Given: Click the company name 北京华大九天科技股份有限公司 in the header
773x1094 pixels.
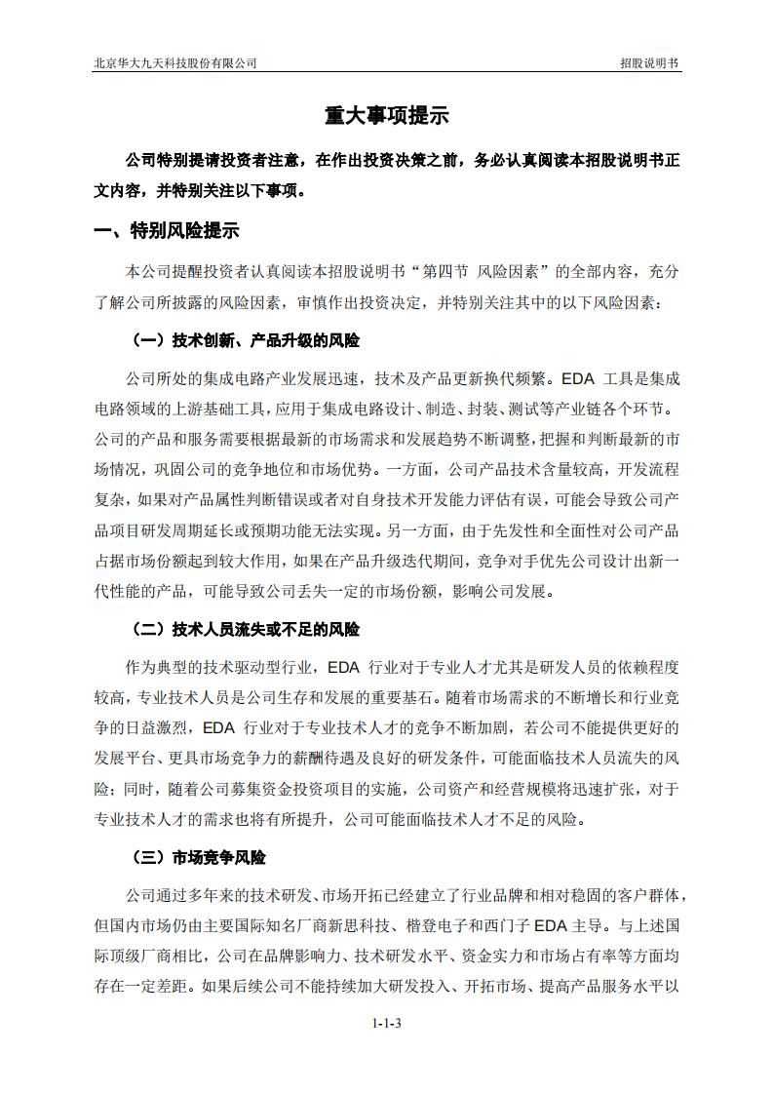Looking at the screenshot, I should [174, 62].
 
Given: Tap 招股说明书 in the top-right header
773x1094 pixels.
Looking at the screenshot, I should [649, 62].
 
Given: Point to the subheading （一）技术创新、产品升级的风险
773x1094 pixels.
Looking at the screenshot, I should [245, 341].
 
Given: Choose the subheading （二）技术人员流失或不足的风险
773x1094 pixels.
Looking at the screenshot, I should [245, 631].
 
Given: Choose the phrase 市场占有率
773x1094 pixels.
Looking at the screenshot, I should [581, 955].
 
